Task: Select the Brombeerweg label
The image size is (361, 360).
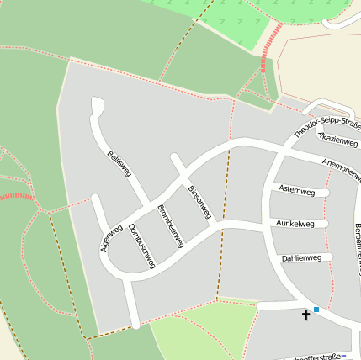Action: [x=171, y=225]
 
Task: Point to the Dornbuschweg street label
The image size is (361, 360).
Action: [x=141, y=245]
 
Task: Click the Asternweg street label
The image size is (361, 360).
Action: [x=295, y=192]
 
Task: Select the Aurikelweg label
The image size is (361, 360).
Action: [x=295, y=224]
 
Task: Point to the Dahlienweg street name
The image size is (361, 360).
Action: [x=301, y=257]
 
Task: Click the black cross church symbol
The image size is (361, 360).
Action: [x=305, y=315]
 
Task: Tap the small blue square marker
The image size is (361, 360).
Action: [x=316, y=310]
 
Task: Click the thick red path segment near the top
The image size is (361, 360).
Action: [x=270, y=47]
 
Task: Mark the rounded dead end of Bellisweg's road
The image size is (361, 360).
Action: [x=96, y=105]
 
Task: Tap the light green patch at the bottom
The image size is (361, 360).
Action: [x=202, y=332]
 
